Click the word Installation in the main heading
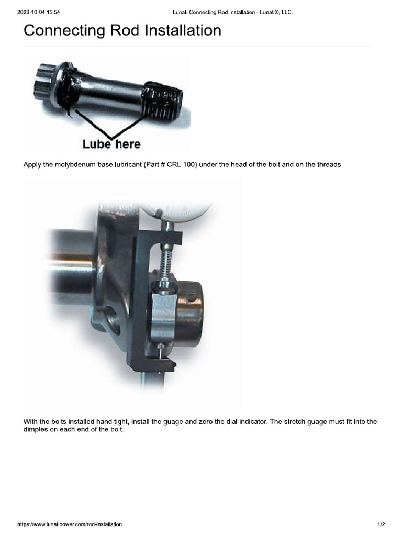177,30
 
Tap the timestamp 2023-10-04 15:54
40,12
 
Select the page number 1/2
381,524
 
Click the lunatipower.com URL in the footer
70,524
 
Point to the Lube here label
111,143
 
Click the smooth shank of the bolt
110,92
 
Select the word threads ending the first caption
329,165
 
